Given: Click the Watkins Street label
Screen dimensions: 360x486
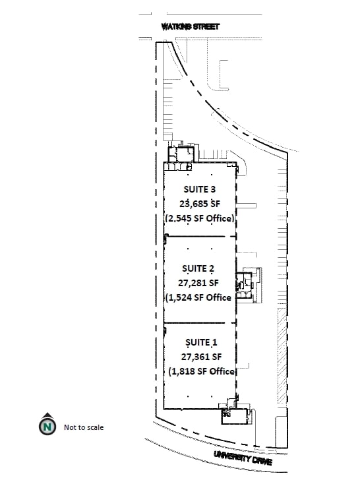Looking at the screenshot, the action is coord(191,26).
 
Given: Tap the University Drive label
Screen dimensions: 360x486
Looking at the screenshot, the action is coord(243,458).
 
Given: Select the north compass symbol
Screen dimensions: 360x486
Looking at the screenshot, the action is coord(47,424).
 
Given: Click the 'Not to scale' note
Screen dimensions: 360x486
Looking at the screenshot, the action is coord(84,427).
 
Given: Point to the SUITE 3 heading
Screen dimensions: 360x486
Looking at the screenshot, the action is coord(199,189).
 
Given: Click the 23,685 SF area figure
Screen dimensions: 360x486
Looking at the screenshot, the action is coord(200,204).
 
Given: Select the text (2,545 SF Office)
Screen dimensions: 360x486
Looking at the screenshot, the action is coord(200,218).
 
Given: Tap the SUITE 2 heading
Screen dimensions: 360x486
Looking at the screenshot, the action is coord(198,268).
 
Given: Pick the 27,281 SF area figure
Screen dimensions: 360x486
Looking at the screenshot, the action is coord(198,283).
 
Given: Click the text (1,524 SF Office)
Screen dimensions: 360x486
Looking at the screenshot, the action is coord(199,297).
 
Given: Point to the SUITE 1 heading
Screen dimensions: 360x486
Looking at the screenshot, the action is coord(201,342).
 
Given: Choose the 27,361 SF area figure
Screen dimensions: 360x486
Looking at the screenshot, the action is coord(201,357).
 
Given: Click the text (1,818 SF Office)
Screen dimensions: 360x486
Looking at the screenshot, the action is coord(202,371).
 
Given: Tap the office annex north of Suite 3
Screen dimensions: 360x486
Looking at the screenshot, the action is coord(181,154).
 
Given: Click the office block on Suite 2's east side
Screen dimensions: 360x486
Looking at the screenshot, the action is coord(245,286).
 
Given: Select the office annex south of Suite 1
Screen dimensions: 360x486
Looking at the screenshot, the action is coord(235,416).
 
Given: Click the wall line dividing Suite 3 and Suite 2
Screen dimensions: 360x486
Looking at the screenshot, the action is coord(200,237).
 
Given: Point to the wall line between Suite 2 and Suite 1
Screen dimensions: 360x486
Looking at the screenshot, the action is coord(200,323).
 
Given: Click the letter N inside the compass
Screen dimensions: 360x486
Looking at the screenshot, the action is coord(47,427).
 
